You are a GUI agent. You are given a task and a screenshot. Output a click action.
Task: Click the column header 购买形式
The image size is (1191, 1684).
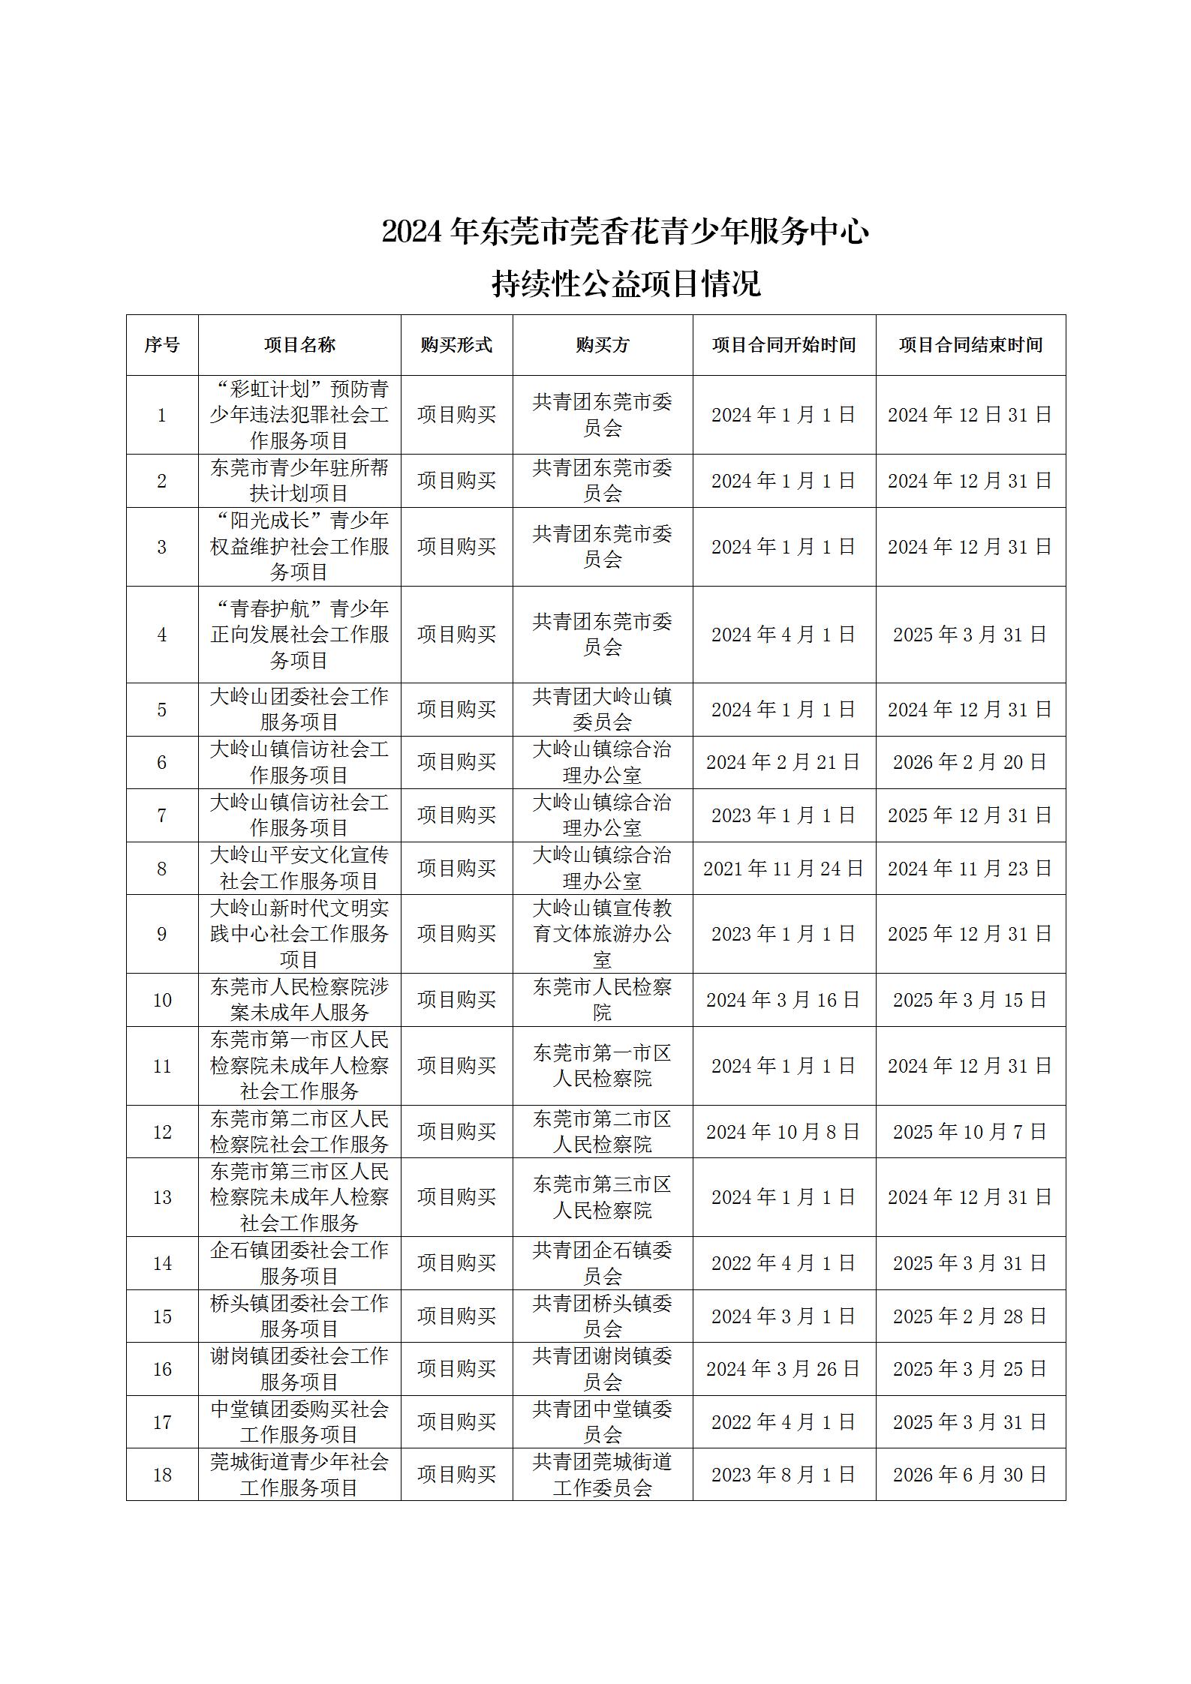click(x=456, y=345)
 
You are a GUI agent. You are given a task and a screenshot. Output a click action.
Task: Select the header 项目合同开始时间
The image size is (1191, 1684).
click(x=783, y=345)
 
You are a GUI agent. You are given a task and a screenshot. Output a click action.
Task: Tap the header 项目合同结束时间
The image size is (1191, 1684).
click(x=970, y=345)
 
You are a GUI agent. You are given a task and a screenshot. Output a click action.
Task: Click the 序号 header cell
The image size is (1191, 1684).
click(x=162, y=345)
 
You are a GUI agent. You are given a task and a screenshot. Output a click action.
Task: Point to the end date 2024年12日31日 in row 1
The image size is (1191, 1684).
click(x=970, y=415)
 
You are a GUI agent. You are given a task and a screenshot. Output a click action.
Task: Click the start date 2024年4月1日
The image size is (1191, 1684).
click(x=783, y=635)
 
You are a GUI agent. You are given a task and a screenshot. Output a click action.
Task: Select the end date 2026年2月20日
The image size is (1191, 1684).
click(x=970, y=762)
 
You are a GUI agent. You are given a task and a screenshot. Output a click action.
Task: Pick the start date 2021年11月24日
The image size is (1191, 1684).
click(x=783, y=869)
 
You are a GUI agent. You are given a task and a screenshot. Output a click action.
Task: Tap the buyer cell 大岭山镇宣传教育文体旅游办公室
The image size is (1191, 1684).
click(x=602, y=934)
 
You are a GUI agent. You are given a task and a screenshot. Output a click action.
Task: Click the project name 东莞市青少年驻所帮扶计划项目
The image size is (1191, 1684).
click(x=299, y=481)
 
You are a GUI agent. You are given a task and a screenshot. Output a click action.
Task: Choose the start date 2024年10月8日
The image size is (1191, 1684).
click(x=783, y=1132)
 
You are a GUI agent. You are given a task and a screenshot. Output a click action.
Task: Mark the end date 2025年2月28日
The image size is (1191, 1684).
click(x=970, y=1316)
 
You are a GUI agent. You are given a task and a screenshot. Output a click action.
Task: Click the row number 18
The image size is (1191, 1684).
click(x=162, y=1475)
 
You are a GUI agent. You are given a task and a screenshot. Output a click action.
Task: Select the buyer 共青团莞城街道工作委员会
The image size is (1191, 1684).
click(x=602, y=1475)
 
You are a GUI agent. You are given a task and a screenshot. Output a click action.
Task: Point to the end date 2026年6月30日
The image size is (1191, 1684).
click(x=970, y=1475)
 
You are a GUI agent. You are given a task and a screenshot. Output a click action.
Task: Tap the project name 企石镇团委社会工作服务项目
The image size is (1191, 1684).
click(x=299, y=1263)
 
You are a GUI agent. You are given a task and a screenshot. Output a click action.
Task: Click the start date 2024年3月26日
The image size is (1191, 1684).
click(x=783, y=1369)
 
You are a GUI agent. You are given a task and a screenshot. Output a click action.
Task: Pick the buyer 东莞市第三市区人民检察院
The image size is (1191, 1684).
click(x=602, y=1197)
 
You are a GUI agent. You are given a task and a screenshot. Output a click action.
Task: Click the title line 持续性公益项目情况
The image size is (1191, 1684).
click(x=626, y=284)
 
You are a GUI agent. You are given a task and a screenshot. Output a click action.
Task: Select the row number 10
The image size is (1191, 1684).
click(x=162, y=1000)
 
